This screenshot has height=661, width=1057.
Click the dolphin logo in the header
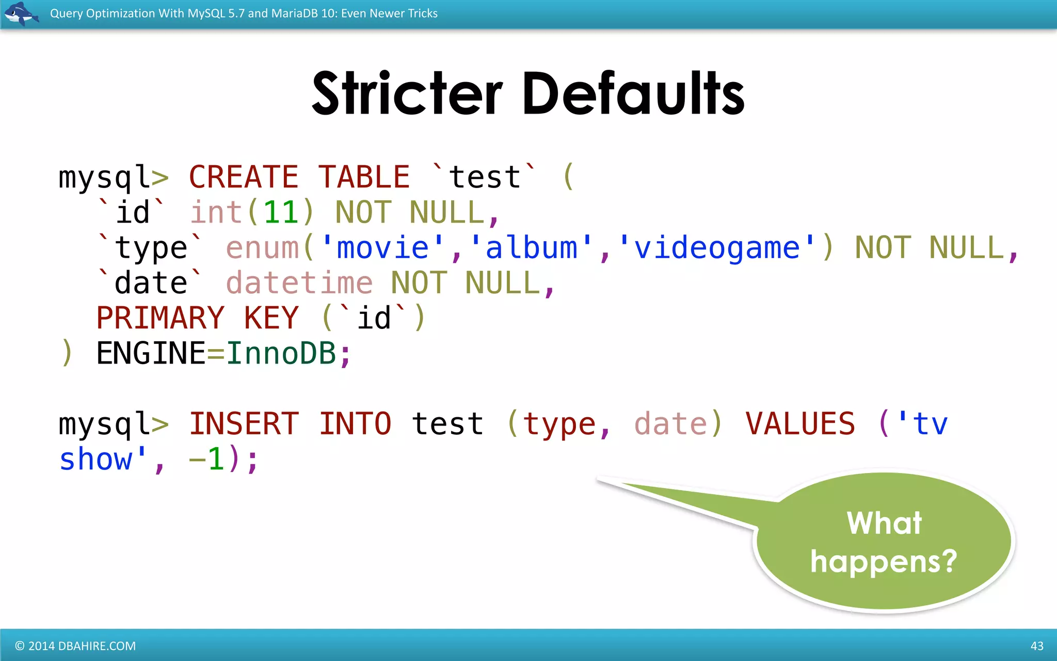coord(21,13)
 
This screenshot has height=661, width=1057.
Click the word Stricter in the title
coord(407,93)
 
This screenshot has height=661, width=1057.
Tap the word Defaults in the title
coord(633,93)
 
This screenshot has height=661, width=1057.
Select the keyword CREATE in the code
coord(244,177)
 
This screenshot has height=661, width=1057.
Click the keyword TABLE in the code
coord(364,177)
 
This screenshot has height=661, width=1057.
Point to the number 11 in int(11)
coord(281,212)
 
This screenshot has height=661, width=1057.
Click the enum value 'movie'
coord(382,248)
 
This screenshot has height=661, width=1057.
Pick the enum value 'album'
coord(531,248)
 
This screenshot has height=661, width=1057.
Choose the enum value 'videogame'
coord(717,248)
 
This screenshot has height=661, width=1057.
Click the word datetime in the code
coord(299,283)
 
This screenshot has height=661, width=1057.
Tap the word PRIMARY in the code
coord(161,318)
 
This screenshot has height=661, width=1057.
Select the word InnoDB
coord(281,354)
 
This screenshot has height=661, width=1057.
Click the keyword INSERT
coord(244,424)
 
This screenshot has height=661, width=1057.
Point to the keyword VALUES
coord(800,424)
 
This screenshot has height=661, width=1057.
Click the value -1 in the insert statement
coord(207,459)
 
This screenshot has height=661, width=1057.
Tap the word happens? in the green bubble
coord(884,562)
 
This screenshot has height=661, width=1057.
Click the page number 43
coord(1037,646)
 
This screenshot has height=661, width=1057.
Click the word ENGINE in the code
coord(151,354)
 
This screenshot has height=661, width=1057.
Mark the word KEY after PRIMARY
coord(271,318)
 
